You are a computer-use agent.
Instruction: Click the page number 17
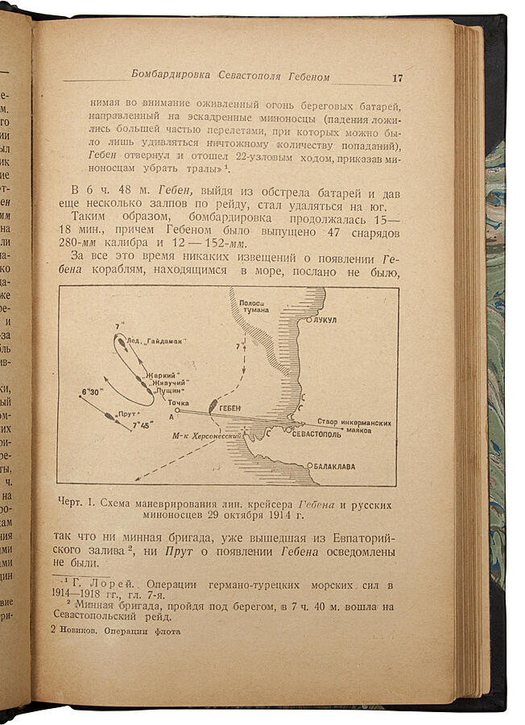tap(397, 78)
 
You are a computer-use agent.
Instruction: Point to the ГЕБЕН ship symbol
tap(214, 406)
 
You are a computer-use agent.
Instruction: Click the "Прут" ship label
tap(125, 414)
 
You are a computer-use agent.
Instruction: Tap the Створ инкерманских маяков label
tap(358, 425)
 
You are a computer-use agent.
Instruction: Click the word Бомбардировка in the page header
tap(172, 75)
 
